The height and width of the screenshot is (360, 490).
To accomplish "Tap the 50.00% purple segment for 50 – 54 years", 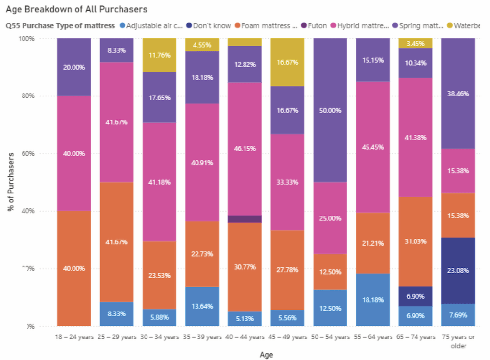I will (x=330, y=110).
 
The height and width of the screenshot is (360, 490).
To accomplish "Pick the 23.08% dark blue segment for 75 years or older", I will (x=458, y=270).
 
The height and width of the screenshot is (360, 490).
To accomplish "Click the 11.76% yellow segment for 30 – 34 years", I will (x=159, y=55).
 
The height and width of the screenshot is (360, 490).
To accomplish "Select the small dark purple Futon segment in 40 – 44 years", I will (x=245, y=219).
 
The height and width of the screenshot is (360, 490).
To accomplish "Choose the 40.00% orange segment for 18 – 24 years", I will (x=74, y=268).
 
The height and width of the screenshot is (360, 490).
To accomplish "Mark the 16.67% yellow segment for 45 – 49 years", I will (x=288, y=62).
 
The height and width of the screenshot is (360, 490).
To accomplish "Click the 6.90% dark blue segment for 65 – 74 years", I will (x=416, y=296).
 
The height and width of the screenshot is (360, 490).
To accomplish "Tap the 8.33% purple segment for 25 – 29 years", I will (x=117, y=50).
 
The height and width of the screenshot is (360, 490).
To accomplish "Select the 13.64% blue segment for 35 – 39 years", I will (x=202, y=306).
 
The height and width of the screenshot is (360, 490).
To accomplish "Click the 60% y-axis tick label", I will (x=27, y=154).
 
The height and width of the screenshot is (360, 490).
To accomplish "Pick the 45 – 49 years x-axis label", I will (x=288, y=337).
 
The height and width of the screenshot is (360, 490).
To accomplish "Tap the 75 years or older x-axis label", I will (x=458, y=341).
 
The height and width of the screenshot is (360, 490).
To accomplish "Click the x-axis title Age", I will (x=266, y=355).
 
